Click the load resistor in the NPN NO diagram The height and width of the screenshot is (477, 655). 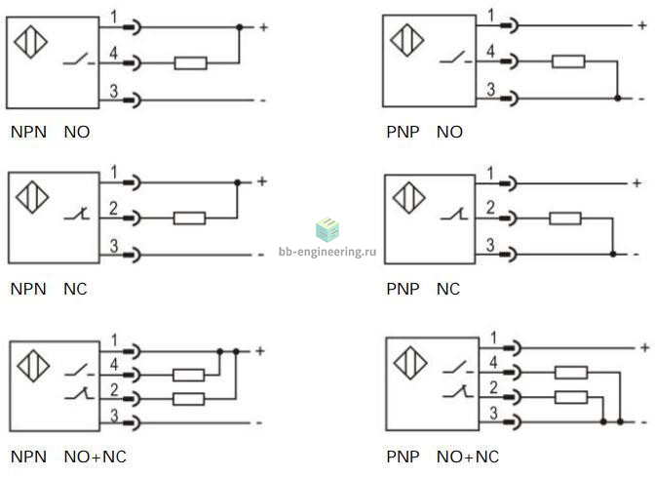pos(190,63)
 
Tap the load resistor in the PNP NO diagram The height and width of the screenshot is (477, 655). pos(568,61)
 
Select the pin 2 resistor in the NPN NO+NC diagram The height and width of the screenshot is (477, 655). pos(188,399)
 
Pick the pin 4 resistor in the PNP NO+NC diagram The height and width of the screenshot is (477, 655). pos(571,372)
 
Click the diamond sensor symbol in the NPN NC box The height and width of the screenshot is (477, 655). pos(32,197)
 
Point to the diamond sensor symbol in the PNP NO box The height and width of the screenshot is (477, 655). pos(406,40)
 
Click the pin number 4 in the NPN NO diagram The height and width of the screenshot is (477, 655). pos(114,53)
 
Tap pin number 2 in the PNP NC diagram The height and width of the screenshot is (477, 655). pos(490,208)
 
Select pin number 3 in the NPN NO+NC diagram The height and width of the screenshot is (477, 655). pos(114,416)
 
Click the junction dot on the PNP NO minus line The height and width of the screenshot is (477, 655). pos(617,99)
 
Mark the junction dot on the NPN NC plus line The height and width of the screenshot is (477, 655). pos(237,182)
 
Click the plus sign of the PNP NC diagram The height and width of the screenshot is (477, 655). pos(636,182)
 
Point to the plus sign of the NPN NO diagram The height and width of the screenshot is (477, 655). pos(263,27)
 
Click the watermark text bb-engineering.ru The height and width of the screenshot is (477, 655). pos(327,252)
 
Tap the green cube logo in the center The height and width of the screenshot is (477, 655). pos(327,229)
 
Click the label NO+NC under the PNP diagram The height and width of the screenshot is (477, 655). pos(468,457)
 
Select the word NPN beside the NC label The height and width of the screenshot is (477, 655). pos(28,289)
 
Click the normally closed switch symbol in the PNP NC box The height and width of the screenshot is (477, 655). pos(454,214)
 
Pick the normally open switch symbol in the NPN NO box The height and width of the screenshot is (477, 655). pos(79,59)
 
